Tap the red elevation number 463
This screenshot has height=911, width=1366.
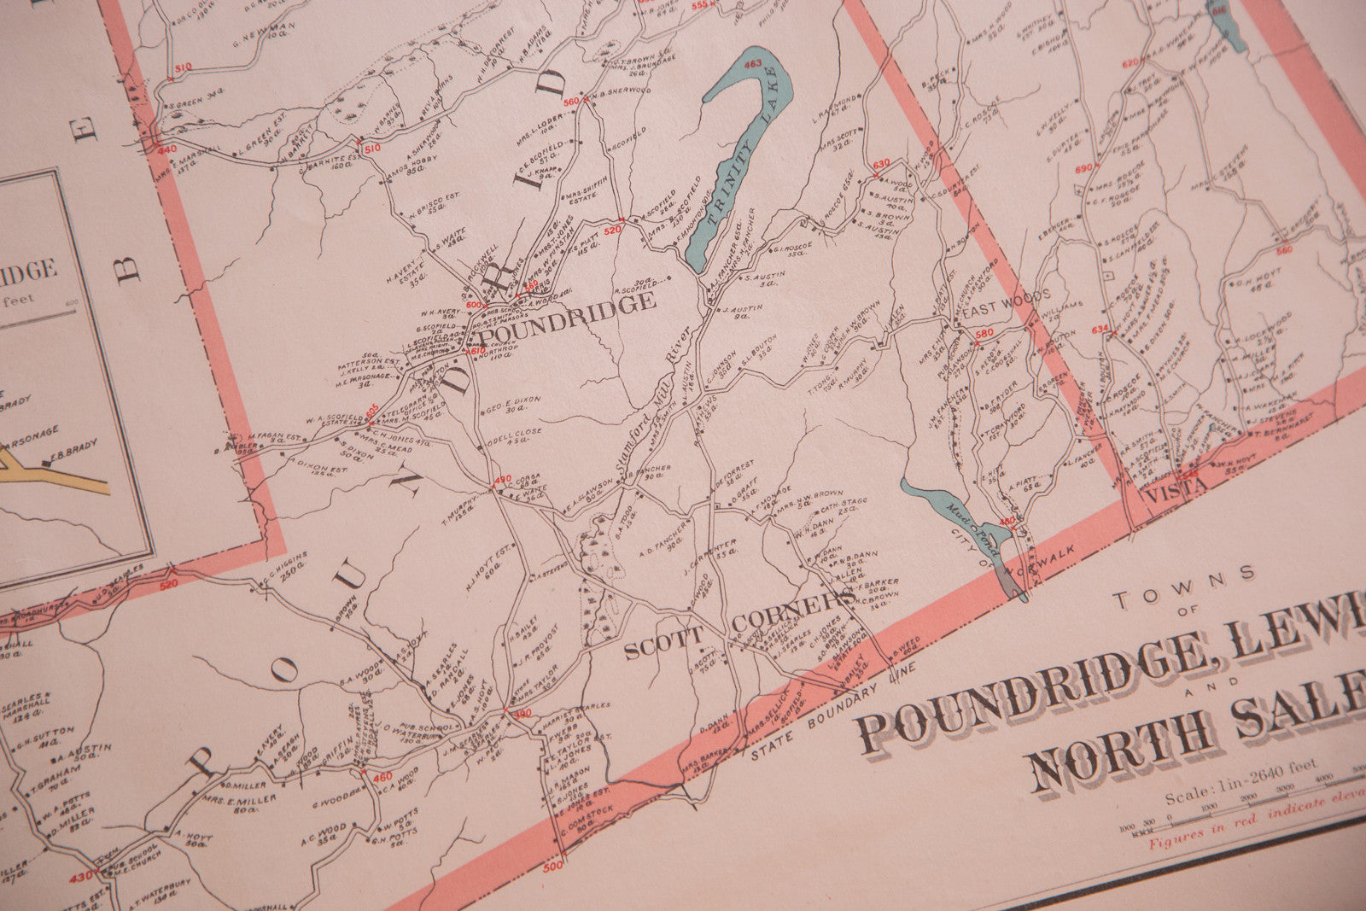[x=752, y=64]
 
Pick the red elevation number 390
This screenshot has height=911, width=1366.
[x=522, y=714]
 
